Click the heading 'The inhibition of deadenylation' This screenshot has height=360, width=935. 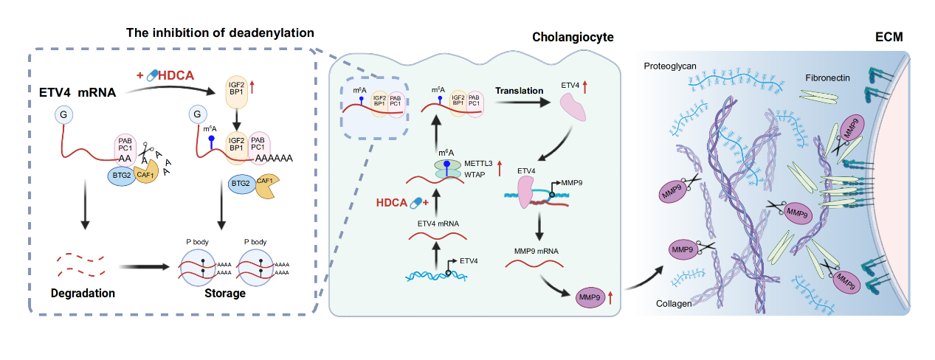click(x=221, y=33)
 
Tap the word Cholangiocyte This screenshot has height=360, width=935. click(x=572, y=37)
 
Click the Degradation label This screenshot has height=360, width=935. click(x=83, y=293)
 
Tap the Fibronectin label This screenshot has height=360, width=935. click(x=829, y=77)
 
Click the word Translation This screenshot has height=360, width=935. click(x=520, y=91)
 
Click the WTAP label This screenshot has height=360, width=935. click(x=478, y=174)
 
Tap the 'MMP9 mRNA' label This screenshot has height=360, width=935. click(x=535, y=251)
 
